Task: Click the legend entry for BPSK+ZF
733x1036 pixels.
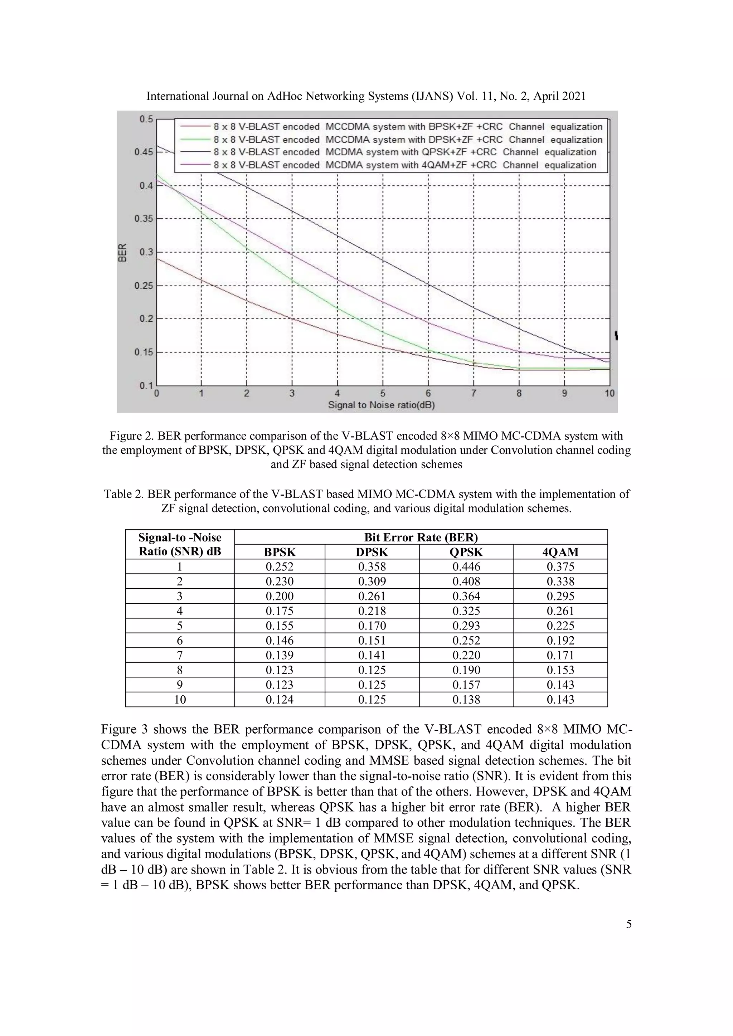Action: point(408,127)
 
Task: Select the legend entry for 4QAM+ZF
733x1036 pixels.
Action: point(405,165)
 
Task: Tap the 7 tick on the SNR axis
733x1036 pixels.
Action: point(474,393)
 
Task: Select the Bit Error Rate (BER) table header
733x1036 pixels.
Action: point(421,538)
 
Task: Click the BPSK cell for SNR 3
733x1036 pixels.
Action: point(280,596)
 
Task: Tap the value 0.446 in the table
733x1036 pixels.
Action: point(466,567)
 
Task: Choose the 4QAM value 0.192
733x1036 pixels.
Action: point(560,640)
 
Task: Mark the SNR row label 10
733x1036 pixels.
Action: point(180,699)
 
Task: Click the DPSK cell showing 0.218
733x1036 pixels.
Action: point(372,611)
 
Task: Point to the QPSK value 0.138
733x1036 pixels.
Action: point(466,699)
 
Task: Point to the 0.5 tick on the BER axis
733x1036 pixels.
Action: point(146,119)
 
